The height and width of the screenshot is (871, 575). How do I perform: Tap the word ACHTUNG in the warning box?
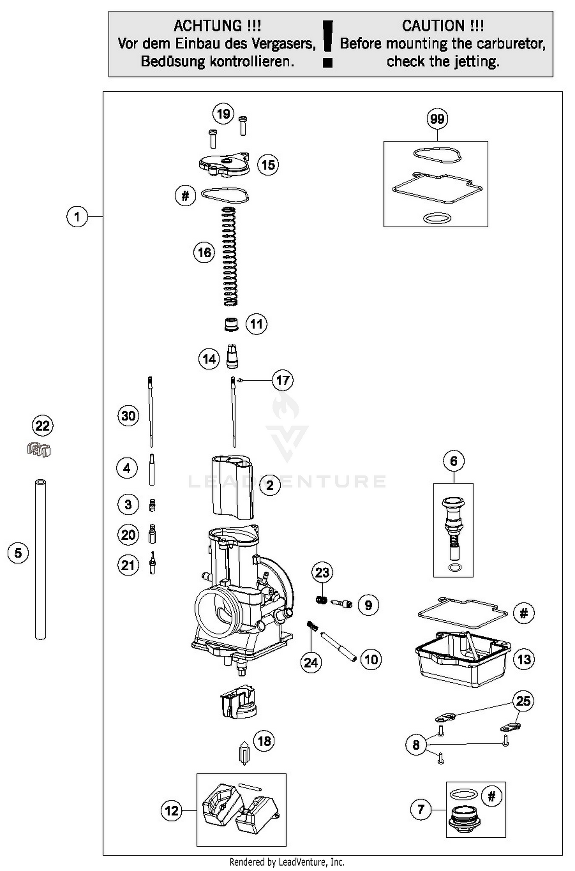click(207, 26)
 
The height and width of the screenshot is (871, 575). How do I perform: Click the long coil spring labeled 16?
click(230, 256)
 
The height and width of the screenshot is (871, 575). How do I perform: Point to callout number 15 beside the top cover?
click(268, 165)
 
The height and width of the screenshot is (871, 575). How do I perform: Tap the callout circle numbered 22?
click(42, 426)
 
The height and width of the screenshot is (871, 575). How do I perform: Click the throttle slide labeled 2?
click(232, 486)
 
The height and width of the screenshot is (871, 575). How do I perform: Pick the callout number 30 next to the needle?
click(128, 416)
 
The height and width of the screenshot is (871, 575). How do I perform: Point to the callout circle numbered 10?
click(371, 659)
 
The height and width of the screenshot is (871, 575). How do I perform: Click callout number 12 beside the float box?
click(171, 811)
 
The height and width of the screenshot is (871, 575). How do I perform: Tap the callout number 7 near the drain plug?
click(421, 809)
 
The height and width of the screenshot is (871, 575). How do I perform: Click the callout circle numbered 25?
click(523, 701)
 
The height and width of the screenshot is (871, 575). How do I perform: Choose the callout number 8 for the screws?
click(416, 744)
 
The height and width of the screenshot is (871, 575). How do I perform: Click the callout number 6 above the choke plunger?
click(453, 461)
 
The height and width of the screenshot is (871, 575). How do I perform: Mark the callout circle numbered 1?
click(77, 217)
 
